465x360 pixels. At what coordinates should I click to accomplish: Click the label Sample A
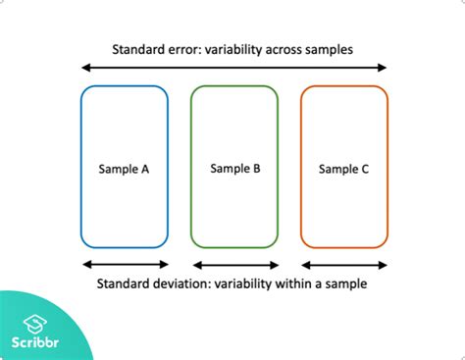pyautogui.click(x=125, y=169)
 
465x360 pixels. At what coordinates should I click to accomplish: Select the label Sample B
pyautogui.click(x=234, y=169)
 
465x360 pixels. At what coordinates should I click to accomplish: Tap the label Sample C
pyautogui.click(x=344, y=170)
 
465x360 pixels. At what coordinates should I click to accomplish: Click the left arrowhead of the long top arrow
pyautogui.click(x=85, y=68)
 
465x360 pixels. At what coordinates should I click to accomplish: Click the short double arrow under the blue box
pyautogui.click(x=125, y=264)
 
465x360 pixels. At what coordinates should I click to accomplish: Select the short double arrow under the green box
pyautogui.click(x=234, y=265)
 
